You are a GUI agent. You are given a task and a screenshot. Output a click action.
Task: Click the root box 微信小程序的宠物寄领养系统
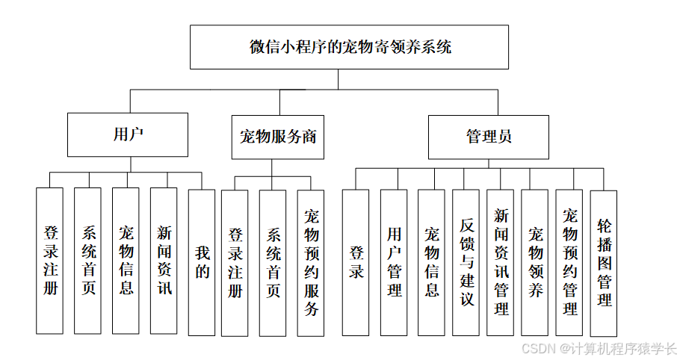click(x=350, y=47)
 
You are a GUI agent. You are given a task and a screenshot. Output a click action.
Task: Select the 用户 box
click(x=128, y=135)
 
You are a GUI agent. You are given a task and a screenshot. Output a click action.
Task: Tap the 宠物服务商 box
click(x=278, y=137)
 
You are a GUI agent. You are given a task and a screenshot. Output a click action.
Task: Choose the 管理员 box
click(x=488, y=137)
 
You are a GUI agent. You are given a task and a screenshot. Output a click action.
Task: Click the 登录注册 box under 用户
click(x=50, y=260)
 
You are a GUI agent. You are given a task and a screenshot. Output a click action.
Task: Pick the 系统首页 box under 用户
click(x=88, y=260)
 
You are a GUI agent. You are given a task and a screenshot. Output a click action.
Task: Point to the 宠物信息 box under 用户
click(x=126, y=260)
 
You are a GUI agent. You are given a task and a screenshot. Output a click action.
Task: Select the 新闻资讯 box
click(x=164, y=260)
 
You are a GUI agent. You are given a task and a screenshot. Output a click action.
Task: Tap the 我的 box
click(x=202, y=261)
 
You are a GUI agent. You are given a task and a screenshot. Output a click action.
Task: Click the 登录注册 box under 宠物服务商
click(x=235, y=263)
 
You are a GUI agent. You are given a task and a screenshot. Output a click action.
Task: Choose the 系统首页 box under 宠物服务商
click(x=273, y=263)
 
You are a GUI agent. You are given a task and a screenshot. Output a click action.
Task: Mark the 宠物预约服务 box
click(x=311, y=263)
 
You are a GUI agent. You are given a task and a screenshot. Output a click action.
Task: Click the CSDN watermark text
click(x=598, y=349)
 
